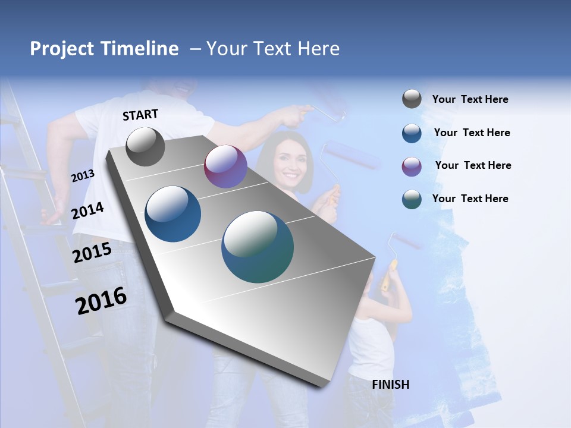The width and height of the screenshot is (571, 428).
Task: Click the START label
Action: pos(140,114)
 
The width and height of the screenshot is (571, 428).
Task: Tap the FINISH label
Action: pos(390,385)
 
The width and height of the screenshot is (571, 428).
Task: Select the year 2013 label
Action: pos(83,175)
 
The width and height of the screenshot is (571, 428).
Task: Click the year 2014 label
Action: pos(87,210)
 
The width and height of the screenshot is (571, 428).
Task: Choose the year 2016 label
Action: pos(101,300)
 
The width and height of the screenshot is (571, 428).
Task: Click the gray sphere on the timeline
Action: pos(145,146)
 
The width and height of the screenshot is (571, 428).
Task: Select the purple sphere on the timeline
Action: pos(225,166)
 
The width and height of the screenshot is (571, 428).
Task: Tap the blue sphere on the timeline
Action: pos(173,214)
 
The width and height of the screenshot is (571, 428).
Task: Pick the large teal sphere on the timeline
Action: pos(258,247)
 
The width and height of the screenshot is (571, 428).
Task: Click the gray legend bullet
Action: pos(412,99)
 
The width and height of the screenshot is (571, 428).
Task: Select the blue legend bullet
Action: pos(412,133)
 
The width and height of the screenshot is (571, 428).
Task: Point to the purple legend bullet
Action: pos(412,166)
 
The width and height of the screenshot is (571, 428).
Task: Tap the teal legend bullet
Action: pos(412,199)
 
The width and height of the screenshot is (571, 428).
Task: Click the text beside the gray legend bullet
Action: pos(470,99)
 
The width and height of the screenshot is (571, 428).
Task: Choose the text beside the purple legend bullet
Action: pos(473,165)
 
